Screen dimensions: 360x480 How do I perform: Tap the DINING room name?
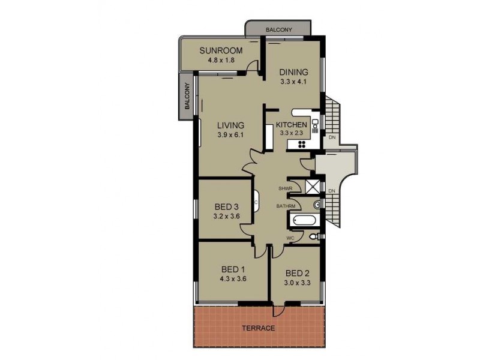293,73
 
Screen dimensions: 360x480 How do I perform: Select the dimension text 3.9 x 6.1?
231,135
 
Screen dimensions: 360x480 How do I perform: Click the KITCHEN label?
291,125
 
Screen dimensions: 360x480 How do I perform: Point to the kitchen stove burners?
301,144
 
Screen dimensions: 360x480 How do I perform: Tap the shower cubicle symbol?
312,186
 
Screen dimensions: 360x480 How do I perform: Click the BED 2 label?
298,271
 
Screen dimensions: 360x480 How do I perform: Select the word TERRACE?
258,328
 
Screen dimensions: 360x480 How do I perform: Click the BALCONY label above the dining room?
278,29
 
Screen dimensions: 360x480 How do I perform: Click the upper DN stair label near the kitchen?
332,137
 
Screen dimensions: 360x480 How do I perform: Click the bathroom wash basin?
318,205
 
